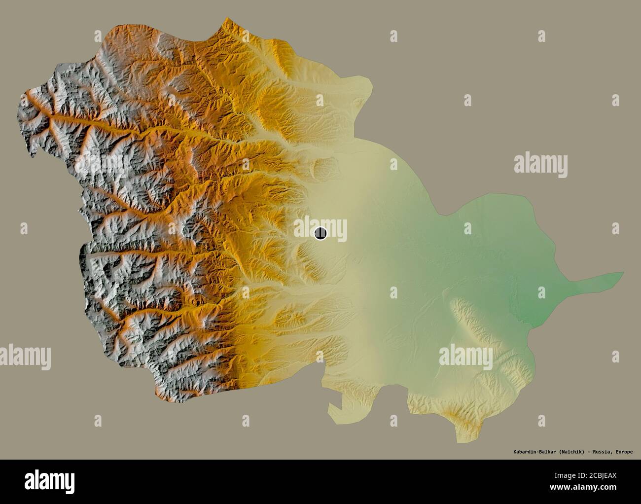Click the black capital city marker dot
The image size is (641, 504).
click(320, 233)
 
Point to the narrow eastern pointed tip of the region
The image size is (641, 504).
click(622, 273)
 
